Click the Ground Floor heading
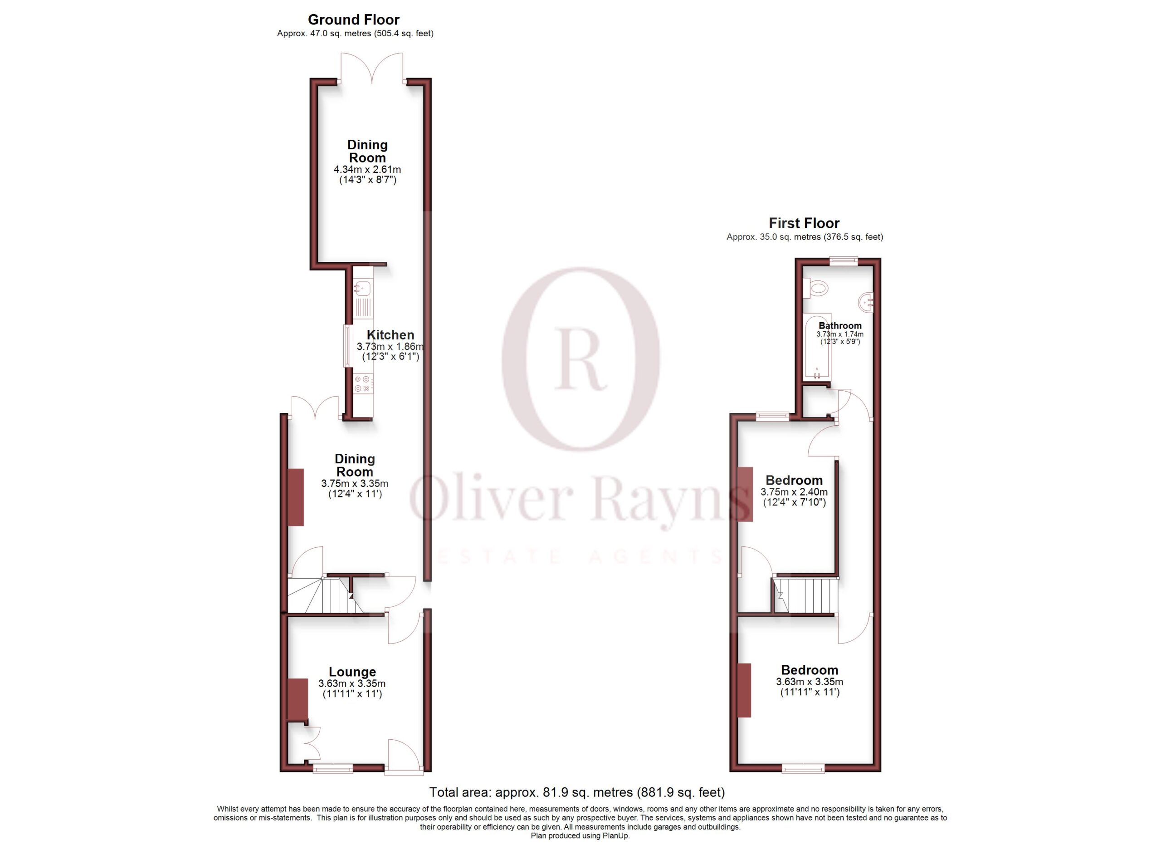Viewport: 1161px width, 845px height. pos(353,20)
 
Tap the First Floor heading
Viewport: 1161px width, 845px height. pos(804,223)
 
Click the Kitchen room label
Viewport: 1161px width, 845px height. pos(390,335)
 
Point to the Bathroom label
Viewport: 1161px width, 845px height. pos(840,326)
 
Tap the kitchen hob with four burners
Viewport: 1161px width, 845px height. pos(363,383)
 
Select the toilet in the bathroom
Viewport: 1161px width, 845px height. pos(815,288)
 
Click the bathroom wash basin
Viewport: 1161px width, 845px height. pos(867,303)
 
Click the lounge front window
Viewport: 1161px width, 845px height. pos(333,768)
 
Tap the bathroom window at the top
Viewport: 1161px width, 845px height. pos(844,260)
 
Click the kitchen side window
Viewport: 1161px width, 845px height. pos(347,346)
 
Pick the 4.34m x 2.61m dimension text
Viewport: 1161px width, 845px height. pos(367,169)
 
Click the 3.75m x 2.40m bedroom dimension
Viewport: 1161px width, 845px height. pos(794,491)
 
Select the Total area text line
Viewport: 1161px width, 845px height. pos(577,792)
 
